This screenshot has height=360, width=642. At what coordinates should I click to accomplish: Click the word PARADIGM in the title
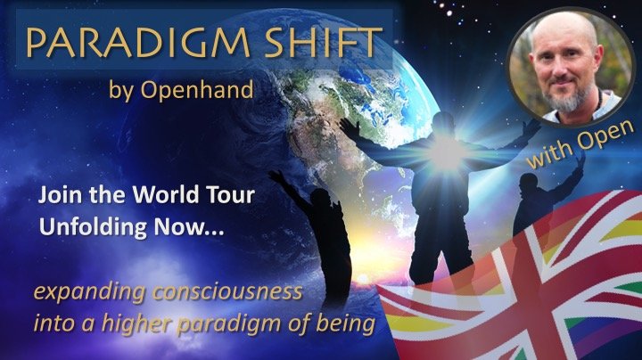(138, 42)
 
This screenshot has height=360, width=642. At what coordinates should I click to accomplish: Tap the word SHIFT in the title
(324, 42)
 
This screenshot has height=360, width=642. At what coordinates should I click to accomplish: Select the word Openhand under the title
(197, 90)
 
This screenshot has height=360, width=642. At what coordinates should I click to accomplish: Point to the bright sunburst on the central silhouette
(446, 153)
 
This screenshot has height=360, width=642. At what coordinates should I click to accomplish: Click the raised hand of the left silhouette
(276, 176)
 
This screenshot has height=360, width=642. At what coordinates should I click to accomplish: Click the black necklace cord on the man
(599, 102)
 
